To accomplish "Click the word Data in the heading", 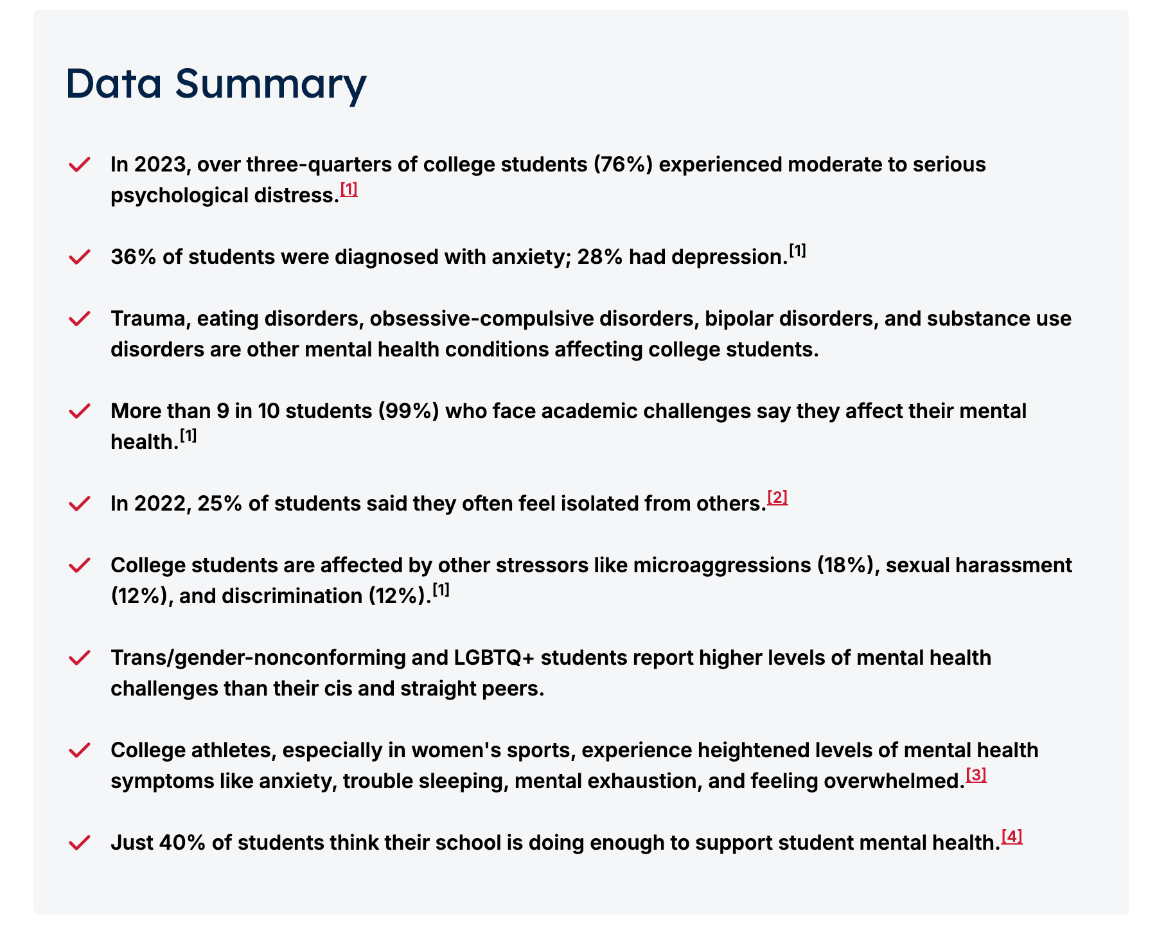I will pyautogui.click(x=114, y=84).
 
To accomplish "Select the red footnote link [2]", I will pyautogui.click(x=777, y=498).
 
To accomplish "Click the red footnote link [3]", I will pyautogui.click(x=976, y=775).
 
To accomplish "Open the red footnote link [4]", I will pyautogui.click(x=1012, y=837).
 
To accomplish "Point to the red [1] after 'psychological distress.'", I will pyautogui.click(x=349, y=189).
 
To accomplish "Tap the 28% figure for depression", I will pyautogui.click(x=600, y=257).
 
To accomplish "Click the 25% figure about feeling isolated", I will pyautogui.click(x=220, y=504).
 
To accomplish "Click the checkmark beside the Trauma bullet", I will pyautogui.click(x=79, y=319).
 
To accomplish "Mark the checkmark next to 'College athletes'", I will pyautogui.click(x=79, y=750).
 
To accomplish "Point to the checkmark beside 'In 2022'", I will pyautogui.click(x=79, y=504).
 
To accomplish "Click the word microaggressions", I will pyautogui.click(x=722, y=565).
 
